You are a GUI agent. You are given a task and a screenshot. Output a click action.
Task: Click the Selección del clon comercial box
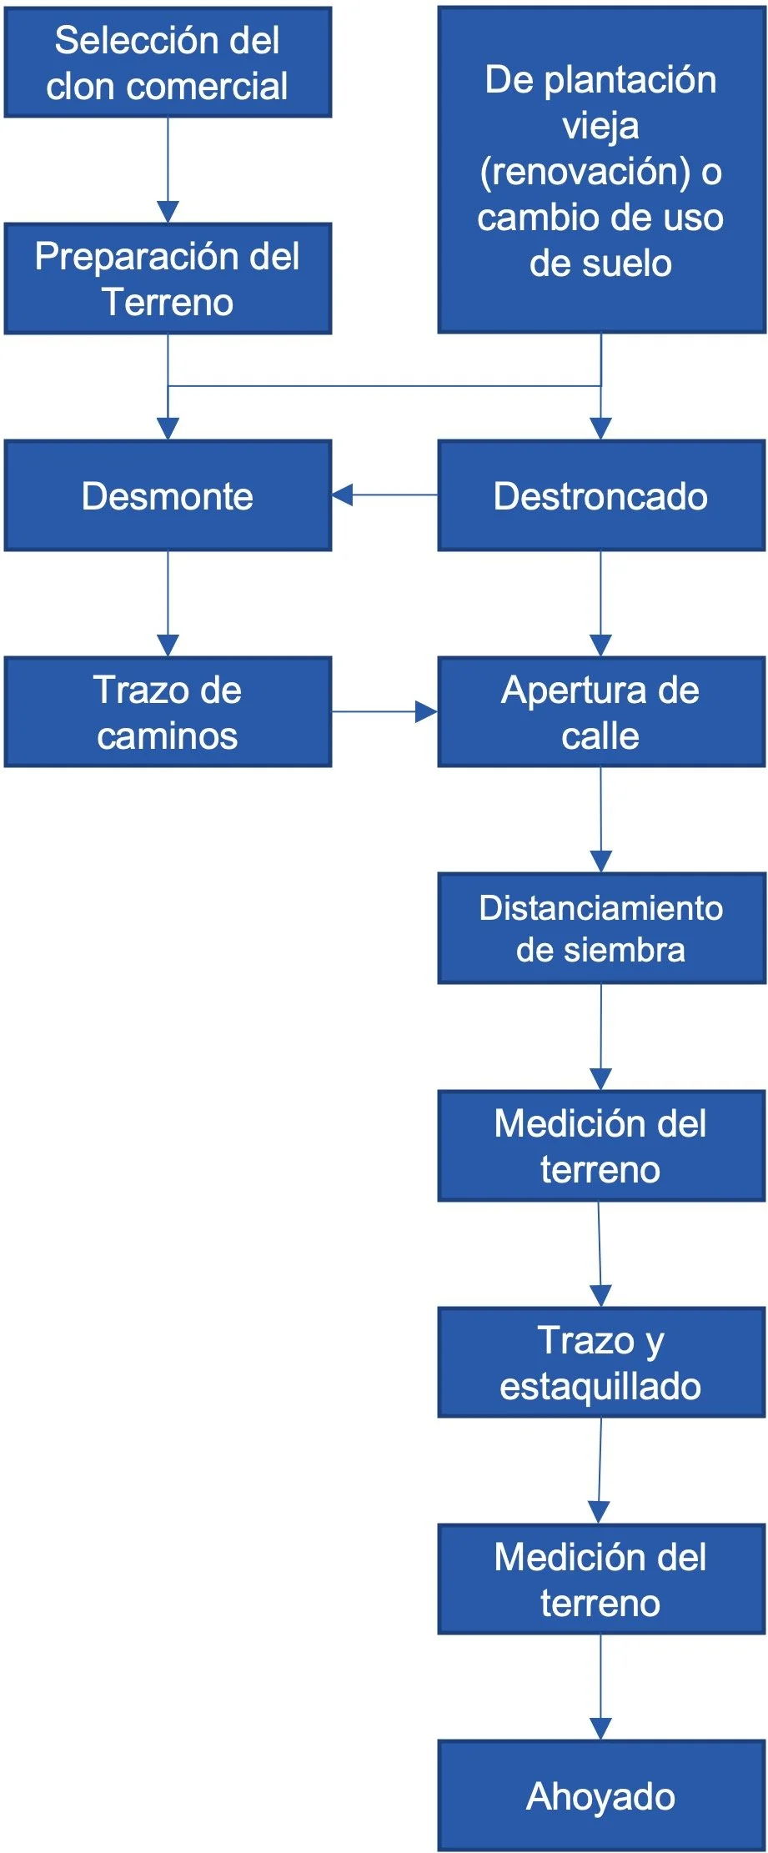[x=168, y=63]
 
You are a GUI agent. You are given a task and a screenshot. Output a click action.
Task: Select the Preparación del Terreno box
[x=168, y=279]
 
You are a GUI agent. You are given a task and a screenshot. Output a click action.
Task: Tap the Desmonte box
[x=168, y=495]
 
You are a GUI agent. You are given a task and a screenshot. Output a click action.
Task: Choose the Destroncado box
[x=600, y=495]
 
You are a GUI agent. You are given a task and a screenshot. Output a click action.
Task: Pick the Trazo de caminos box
[x=168, y=711]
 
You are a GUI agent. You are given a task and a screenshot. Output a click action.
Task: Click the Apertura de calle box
[x=600, y=711]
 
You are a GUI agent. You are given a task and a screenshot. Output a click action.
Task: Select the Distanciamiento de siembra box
[x=600, y=928]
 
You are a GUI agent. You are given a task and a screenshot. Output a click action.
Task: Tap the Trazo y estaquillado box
[x=600, y=1362]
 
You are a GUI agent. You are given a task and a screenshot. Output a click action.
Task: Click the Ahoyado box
[x=600, y=1795]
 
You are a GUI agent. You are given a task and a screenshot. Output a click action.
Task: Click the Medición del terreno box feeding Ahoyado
[x=600, y=1579]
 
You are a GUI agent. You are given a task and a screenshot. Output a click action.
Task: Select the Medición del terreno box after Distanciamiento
[x=600, y=1145]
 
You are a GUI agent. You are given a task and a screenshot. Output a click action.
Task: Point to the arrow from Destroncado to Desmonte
[x=384, y=495]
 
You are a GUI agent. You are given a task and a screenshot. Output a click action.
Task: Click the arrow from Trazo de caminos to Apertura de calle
[x=384, y=711]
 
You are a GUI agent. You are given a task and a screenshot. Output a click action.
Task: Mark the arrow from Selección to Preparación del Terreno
[x=168, y=170]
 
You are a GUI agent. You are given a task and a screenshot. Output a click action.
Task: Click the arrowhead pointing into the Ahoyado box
[x=600, y=1729]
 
